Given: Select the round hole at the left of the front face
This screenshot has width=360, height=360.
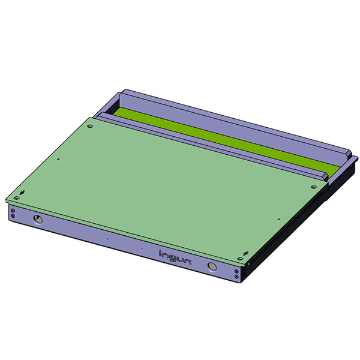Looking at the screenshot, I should coord(38,220).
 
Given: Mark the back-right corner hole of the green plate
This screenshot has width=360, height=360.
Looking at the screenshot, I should coord(313,187).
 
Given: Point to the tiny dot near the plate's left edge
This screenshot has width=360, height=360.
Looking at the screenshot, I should coord(58,159).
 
